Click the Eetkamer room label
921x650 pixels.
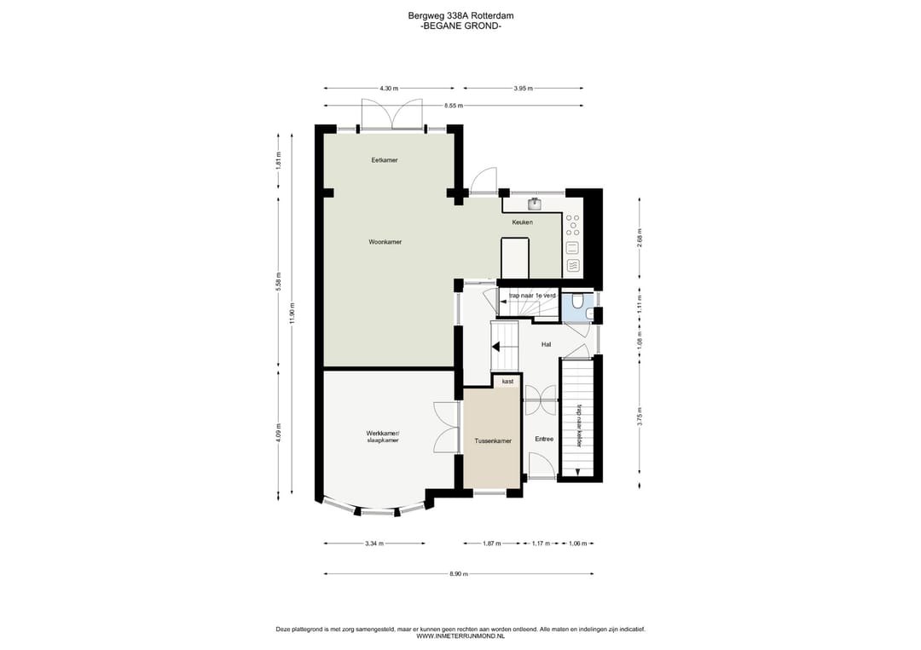pos(384,160)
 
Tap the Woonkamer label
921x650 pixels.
pos(385,242)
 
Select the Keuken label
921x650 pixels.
pos(522,222)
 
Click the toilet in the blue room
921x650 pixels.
pos(577,302)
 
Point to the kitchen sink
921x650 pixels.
pos(535,204)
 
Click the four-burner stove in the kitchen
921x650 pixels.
pos(573,225)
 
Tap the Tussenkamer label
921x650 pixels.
pos(493,441)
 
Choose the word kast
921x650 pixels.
pos(507,382)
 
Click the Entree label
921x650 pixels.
pos(544,439)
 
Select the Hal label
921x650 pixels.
pos(547,344)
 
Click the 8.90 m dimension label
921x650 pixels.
pos(458,573)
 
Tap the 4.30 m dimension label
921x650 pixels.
pos(388,89)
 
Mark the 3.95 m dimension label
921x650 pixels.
pos(523,89)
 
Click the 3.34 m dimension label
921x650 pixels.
pos(374,544)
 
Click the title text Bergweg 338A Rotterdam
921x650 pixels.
pos(460,16)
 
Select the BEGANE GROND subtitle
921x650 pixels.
pos(461,26)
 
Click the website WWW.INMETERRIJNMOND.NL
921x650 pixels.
pos(460,636)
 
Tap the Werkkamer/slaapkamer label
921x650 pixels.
pos(382,437)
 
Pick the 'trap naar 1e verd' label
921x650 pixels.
pos(532,296)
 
